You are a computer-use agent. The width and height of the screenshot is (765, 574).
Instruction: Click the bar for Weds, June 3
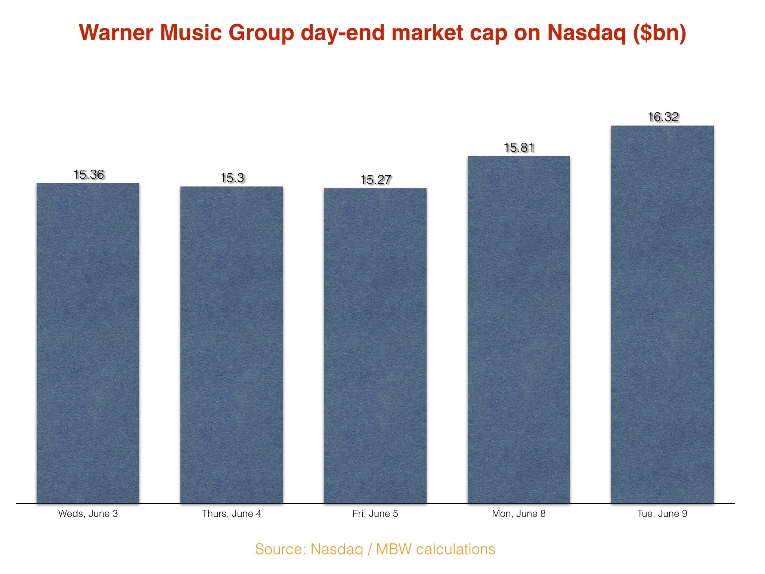click(x=88, y=343)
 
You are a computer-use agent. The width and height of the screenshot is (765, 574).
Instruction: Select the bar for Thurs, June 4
click(x=232, y=345)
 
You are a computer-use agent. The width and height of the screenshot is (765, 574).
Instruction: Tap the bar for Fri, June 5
click(x=375, y=346)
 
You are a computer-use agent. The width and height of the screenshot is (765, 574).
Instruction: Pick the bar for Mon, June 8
click(x=519, y=330)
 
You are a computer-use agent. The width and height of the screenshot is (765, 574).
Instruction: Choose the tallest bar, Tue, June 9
click(x=662, y=314)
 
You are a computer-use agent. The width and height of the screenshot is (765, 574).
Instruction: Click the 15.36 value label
click(x=89, y=175)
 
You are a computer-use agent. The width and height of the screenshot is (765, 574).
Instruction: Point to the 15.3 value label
click(x=232, y=178)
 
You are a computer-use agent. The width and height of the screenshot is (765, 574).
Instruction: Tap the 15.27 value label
click(x=375, y=180)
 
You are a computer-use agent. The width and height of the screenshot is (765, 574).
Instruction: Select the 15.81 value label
click(x=519, y=148)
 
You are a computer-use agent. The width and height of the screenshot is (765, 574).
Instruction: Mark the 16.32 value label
click(x=663, y=117)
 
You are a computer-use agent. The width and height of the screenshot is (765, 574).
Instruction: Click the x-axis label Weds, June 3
click(x=88, y=514)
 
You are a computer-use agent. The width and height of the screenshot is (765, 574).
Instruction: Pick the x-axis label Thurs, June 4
click(x=232, y=514)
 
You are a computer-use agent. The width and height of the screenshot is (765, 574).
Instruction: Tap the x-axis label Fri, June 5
click(x=375, y=514)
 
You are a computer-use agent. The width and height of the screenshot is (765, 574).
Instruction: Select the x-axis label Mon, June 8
click(x=519, y=514)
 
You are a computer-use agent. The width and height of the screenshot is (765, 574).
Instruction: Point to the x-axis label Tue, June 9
click(x=662, y=514)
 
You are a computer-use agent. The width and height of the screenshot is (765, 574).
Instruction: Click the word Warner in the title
click(x=116, y=33)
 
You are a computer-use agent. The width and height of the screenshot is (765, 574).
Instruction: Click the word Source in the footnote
click(x=281, y=549)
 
